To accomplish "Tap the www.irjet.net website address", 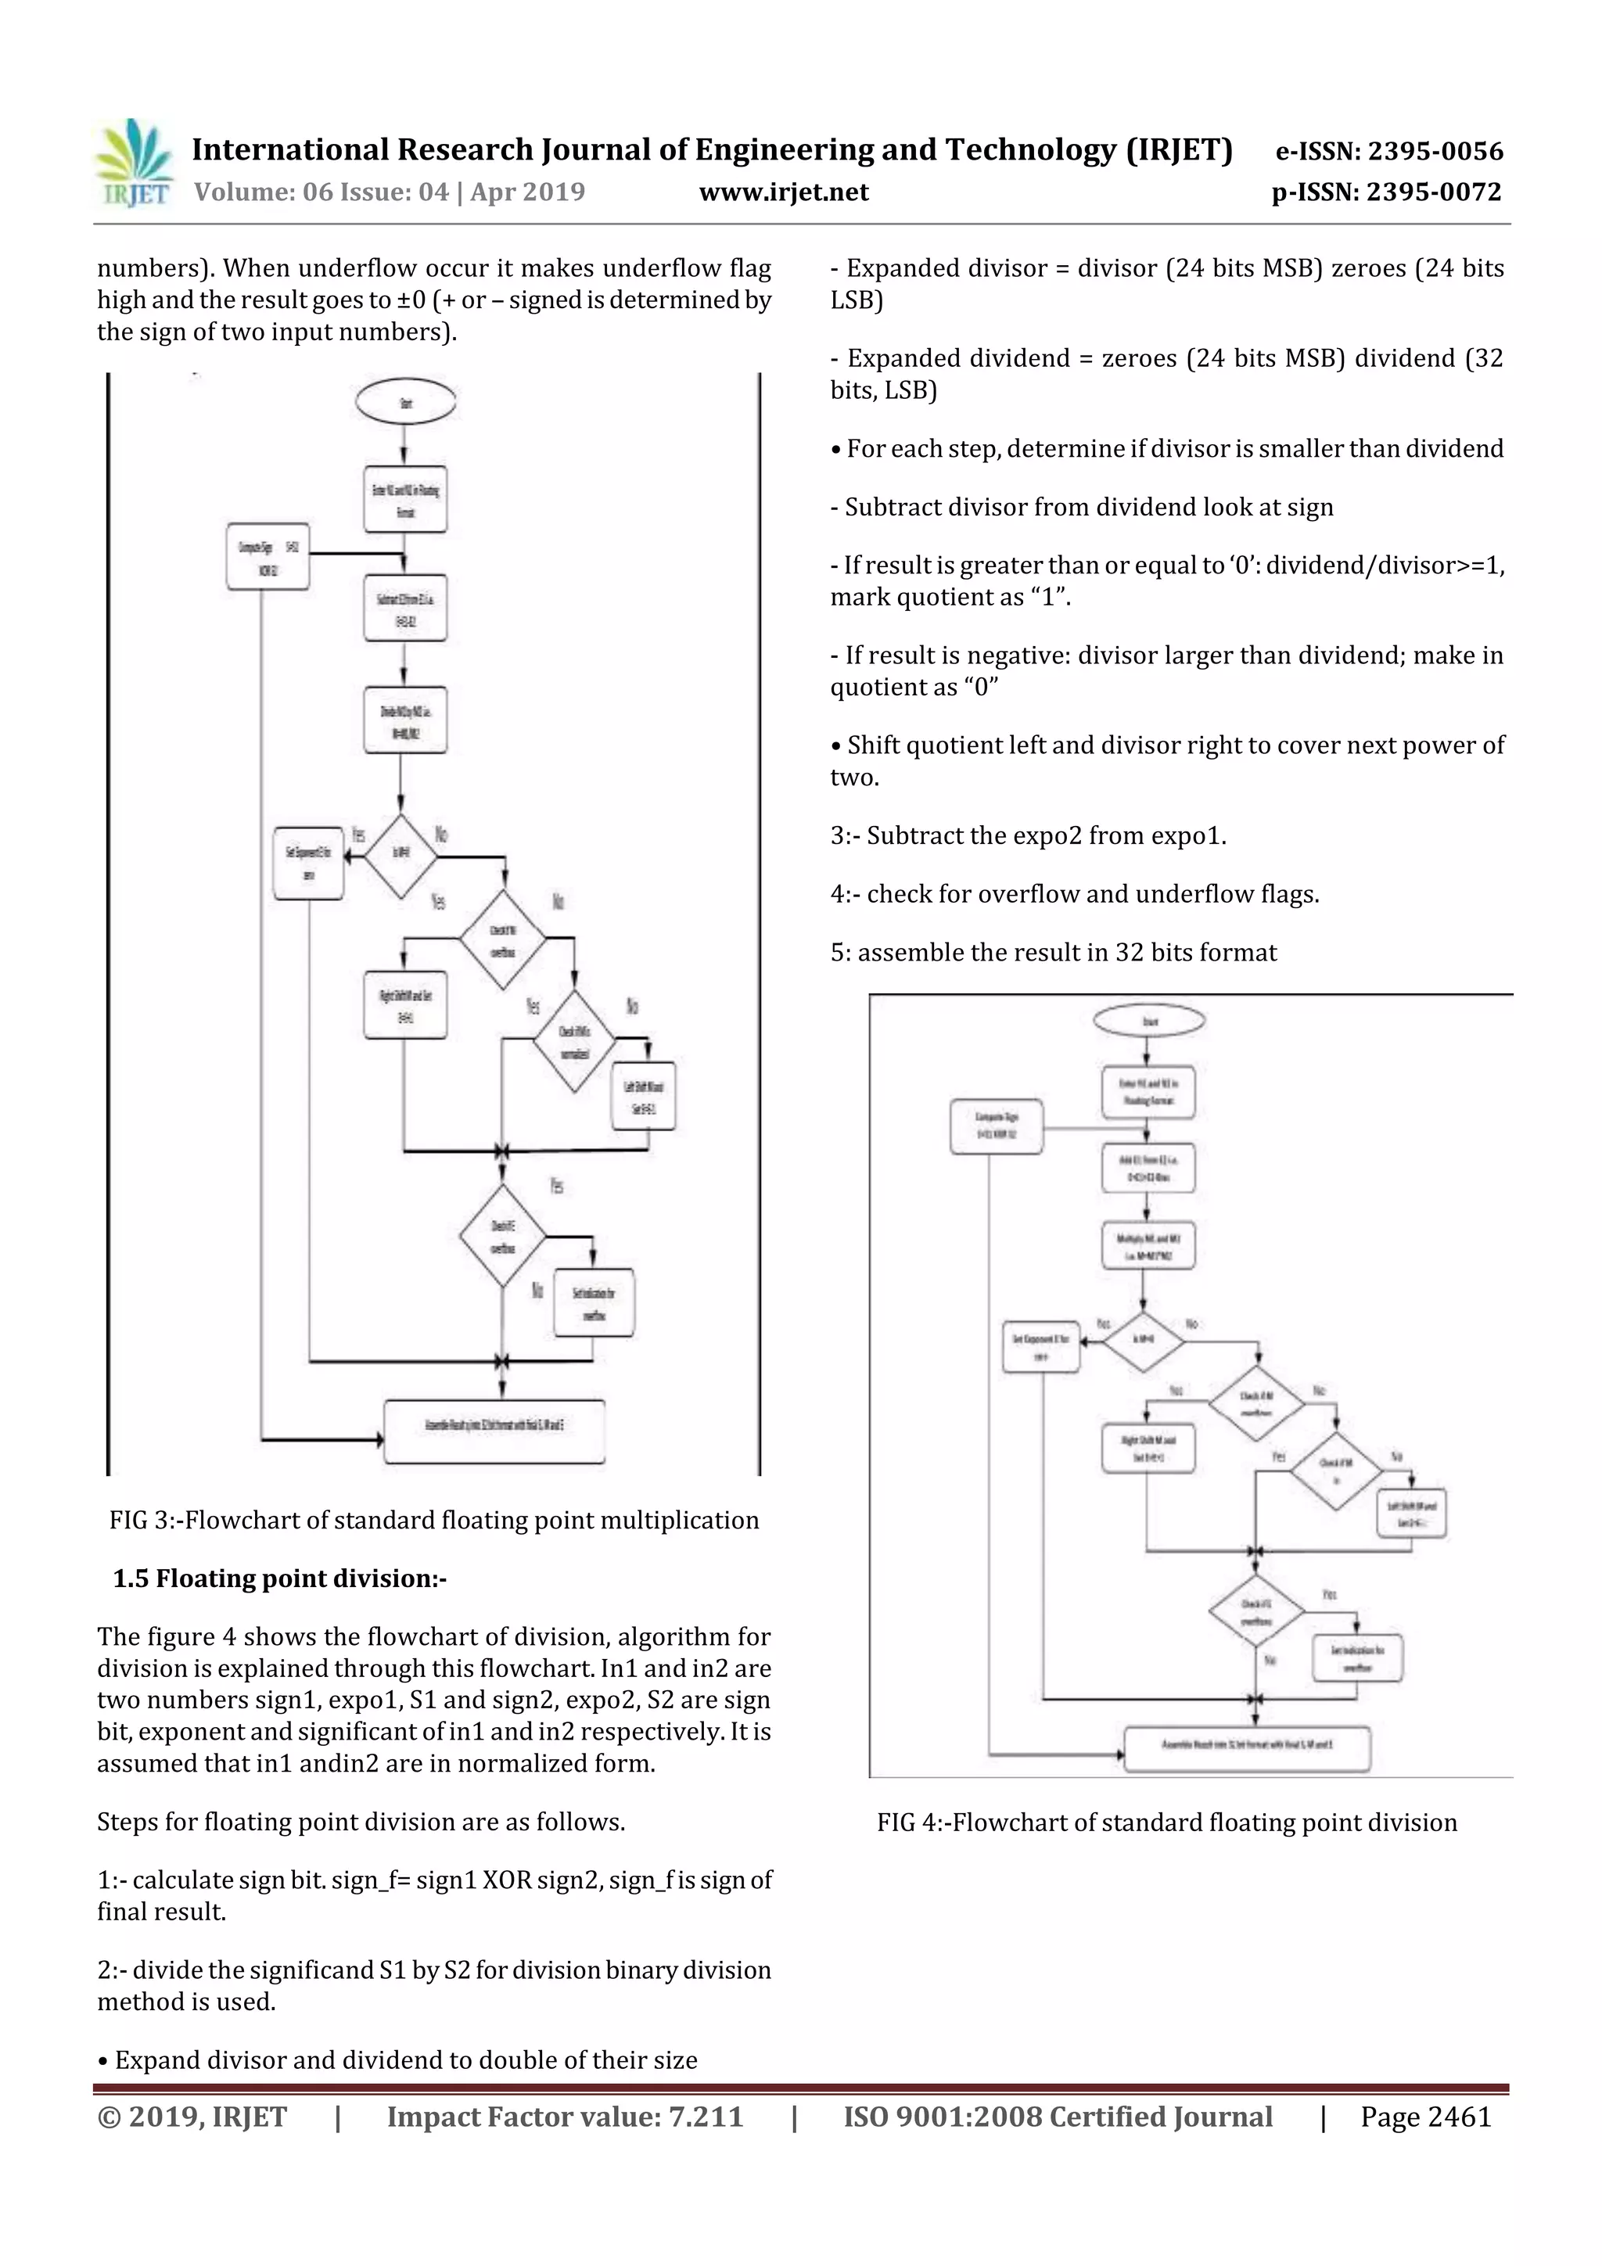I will coord(784,192).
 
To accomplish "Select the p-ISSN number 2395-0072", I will coord(1434,192).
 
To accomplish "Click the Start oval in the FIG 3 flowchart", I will coord(406,402).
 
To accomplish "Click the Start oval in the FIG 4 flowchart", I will coord(1149,1021).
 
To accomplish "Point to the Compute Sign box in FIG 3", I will coord(268,557).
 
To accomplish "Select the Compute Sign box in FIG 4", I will coord(996,1125).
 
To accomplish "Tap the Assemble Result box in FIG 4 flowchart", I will coord(1247,1749).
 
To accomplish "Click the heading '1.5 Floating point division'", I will coord(279,1578).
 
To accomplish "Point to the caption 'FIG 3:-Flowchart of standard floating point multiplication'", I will coord(434,1520).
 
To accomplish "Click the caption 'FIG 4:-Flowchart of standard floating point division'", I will coord(1167,1822).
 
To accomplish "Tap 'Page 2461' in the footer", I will coord(1425,2116).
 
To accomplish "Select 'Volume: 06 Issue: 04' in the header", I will coord(321,192).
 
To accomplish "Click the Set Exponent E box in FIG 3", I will coord(308,863).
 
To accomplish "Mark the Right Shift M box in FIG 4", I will coord(1148,1448).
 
